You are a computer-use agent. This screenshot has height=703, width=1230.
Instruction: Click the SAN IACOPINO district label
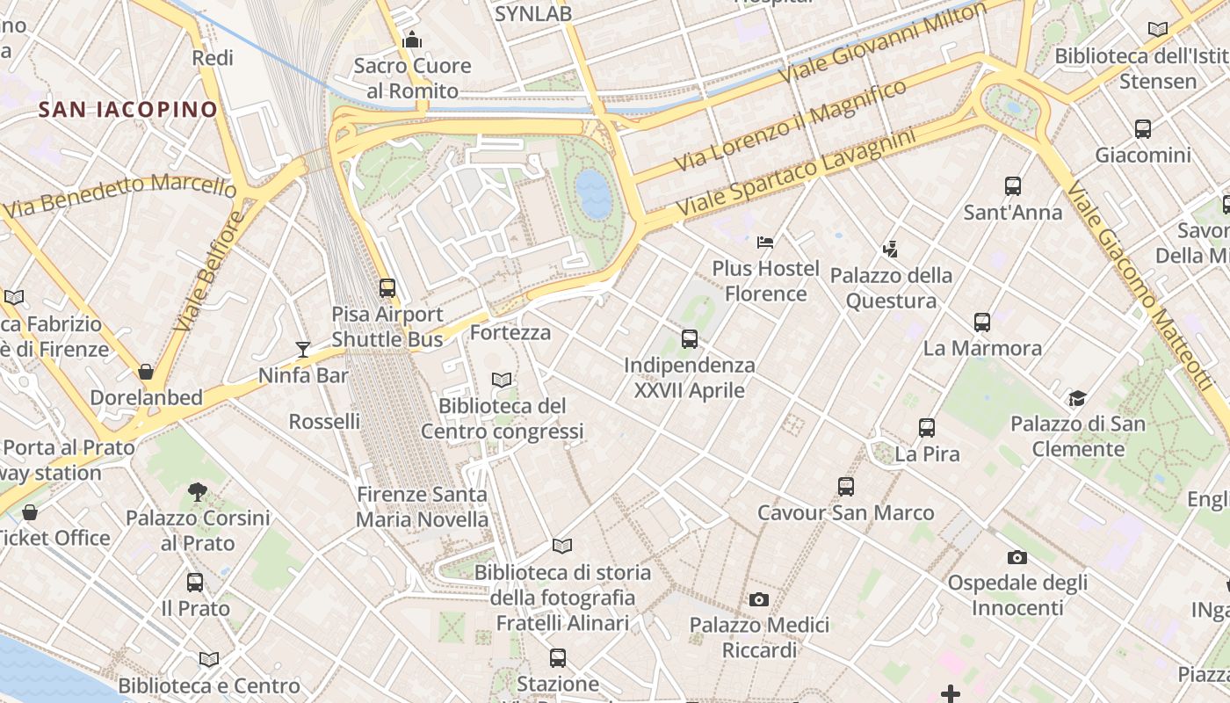coord(128,110)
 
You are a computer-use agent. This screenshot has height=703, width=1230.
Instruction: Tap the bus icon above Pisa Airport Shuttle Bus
coord(387,287)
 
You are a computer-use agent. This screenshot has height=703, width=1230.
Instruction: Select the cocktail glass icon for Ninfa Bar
coord(303,350)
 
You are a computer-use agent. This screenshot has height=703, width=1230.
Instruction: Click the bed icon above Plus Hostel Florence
coord(765,242)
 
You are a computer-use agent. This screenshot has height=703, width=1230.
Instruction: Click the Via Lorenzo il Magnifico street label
coord(790,126)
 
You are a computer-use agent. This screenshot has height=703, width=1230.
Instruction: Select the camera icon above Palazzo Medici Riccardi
coord(759,599)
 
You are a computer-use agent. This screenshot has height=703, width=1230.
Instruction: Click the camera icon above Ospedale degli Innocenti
coord(1017,557)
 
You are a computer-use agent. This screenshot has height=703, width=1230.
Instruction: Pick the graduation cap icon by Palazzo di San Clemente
coord(1077,398)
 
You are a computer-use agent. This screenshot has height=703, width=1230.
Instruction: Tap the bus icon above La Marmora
coord(982,323)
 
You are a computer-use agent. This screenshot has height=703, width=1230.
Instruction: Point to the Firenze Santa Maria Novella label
coord(422,506)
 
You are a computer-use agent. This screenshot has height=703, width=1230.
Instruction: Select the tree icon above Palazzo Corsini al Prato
coord(198,492)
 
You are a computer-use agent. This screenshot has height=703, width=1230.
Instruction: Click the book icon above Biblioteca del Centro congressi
coord(502,380)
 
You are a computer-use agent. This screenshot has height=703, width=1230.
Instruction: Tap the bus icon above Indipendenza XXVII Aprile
coord(690,338)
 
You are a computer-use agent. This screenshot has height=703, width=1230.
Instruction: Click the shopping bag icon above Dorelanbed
coord(146,372)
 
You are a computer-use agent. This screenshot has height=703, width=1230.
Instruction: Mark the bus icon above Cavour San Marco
coord(845,486)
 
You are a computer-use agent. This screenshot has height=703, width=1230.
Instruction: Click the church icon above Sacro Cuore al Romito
coord(412,40)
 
